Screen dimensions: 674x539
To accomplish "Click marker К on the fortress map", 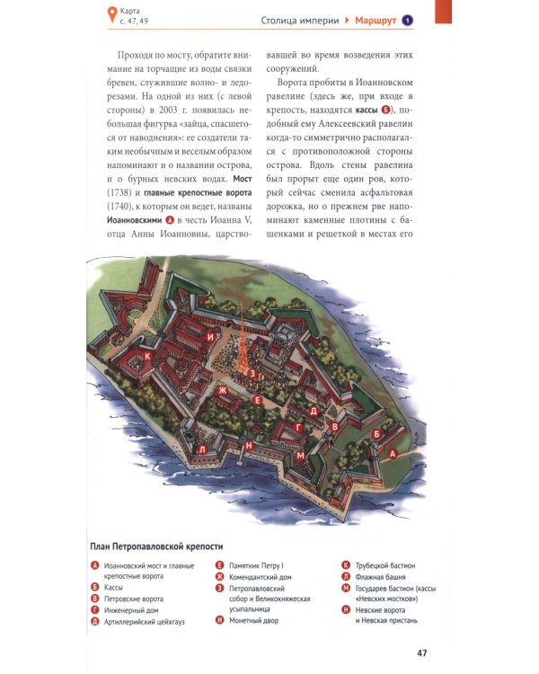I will click(x=147, y=356).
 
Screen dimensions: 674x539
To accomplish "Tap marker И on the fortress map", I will click(x=209, y=337).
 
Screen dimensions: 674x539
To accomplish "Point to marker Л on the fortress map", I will click(x=202, y=449).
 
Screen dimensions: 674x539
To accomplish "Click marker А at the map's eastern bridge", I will click(x=391, y=455).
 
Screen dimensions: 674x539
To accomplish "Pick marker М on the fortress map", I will click(x=301, y=456).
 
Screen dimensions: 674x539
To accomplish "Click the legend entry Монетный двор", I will click(x=254, y=620).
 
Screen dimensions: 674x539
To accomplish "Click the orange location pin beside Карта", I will click(x=111, y=13).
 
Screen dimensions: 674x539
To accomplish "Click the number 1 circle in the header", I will click(x=407, y=20).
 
